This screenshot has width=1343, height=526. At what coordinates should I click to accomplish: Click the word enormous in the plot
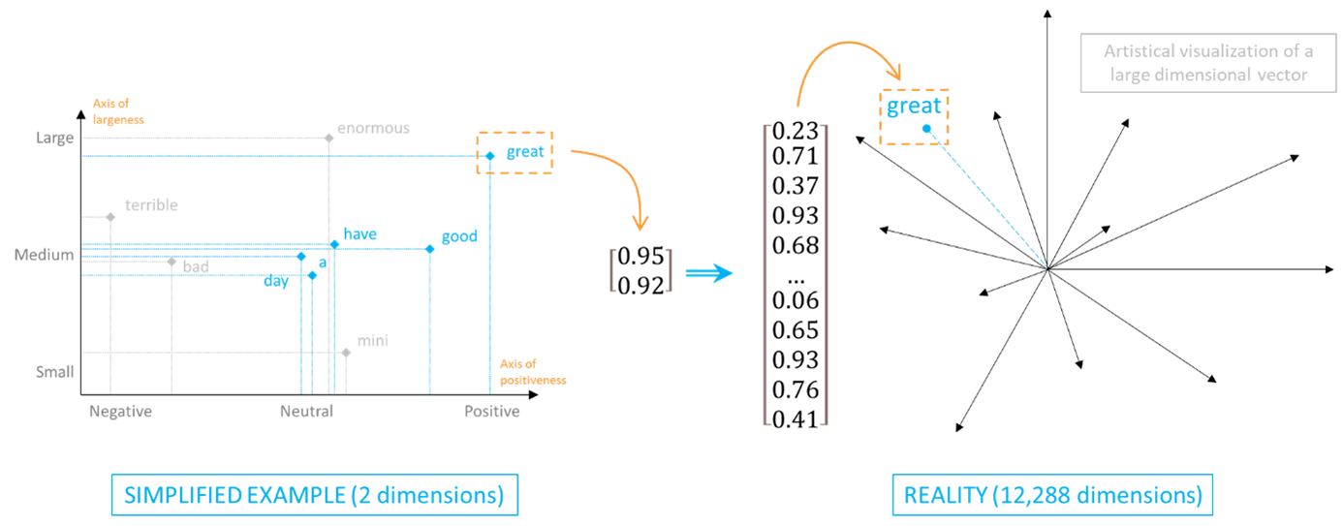click(373, 128)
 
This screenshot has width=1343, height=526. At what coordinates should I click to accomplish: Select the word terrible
click(151, 205)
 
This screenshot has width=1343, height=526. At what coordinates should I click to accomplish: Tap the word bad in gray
click(196, 266)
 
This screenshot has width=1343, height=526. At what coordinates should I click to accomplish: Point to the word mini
click(372, 341)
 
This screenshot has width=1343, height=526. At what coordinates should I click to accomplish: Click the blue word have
click(359, 234)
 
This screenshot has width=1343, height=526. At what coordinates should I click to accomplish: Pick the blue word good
click(459, 236)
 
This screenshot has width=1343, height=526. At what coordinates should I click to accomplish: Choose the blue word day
click(276, 282)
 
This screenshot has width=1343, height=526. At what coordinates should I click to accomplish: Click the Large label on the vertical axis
click(54, 138)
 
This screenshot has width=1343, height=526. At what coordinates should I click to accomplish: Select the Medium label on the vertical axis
click(44, 255)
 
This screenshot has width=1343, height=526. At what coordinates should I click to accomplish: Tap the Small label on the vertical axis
click(54, 372)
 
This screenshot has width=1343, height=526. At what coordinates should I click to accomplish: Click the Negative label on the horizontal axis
click(120, 412)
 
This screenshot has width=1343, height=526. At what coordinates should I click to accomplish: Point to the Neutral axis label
click(306, 412)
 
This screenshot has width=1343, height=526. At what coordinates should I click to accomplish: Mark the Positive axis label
click(492, 412)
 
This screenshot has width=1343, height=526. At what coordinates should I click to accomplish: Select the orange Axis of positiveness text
click(532, 373)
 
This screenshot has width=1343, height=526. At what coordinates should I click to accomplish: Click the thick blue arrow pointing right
click(708, 274)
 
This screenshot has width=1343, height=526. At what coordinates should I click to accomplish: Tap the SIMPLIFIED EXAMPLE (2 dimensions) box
click(314, 495)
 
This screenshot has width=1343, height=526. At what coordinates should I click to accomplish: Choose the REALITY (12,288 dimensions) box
click(1052, 495)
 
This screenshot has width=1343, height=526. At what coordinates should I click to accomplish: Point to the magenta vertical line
click(826, 274)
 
